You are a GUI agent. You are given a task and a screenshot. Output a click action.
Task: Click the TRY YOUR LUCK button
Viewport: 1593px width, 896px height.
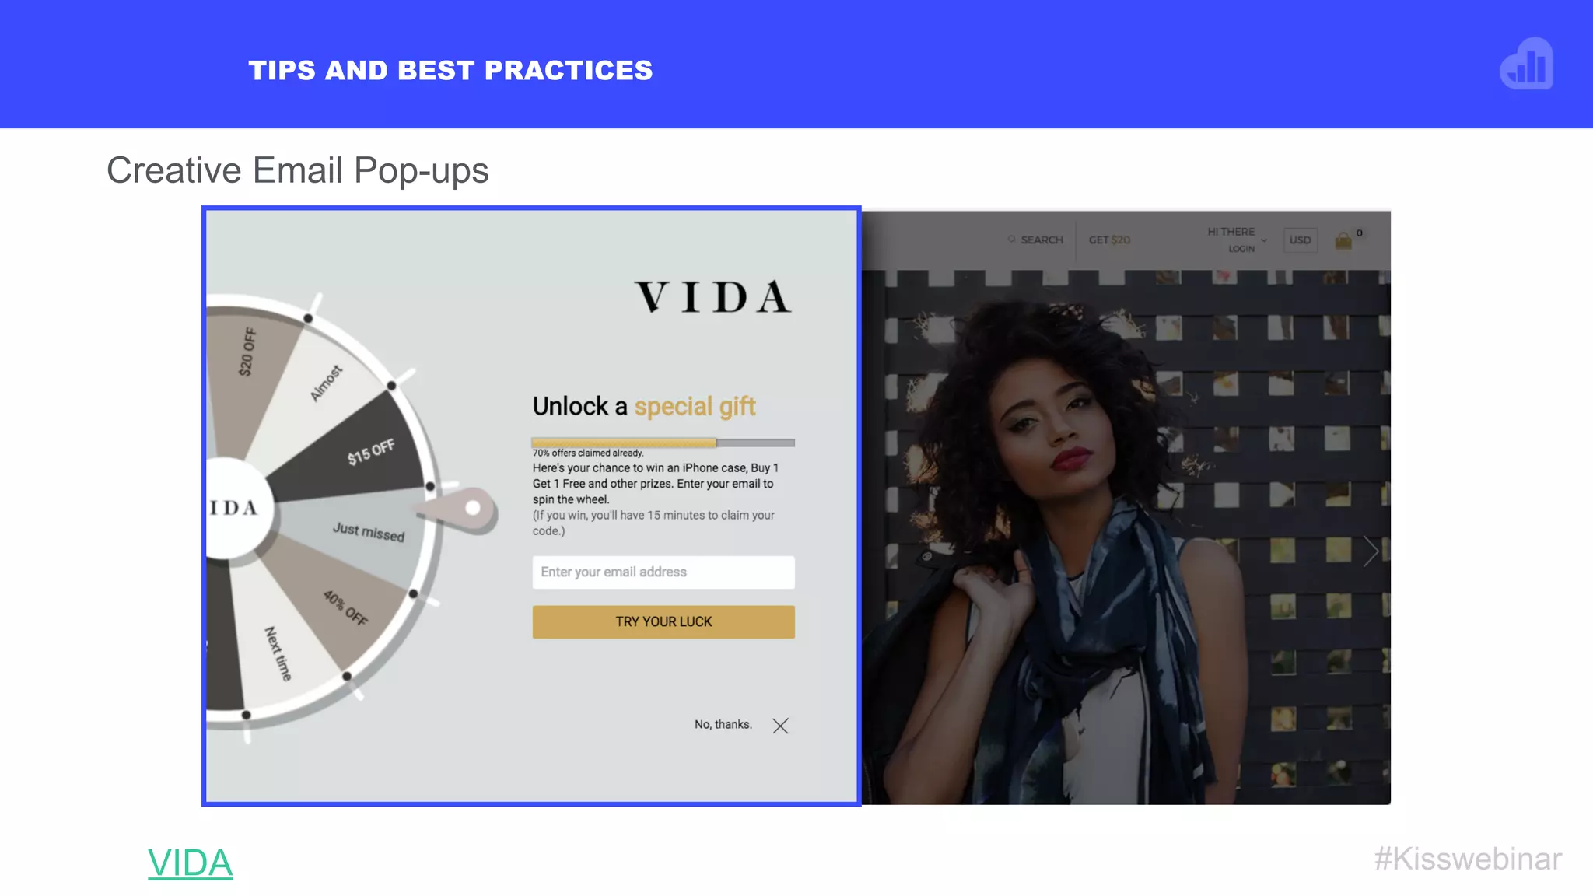pyautogui.click(x=663, y=621)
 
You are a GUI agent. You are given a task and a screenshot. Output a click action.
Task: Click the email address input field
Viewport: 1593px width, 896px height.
pyautogui.click(x=663, y=572)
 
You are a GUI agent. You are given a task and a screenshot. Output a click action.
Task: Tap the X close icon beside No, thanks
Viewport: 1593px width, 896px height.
pyautogui.click(x=780, y=726)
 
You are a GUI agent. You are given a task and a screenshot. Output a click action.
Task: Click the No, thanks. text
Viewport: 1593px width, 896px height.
pyautogui.click(x=723, y=724)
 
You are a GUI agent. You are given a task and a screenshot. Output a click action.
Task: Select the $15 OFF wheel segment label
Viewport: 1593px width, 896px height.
pyautogui.click(x=371, y=452)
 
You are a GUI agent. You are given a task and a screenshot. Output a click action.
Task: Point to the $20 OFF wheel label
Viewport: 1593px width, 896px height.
pyautogui.click(x=247, y=352)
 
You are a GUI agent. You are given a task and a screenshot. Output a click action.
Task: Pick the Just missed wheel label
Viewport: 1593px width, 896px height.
pyautogui.click(x=369, y=532)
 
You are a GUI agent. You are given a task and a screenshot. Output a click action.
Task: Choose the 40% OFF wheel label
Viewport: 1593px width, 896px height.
pyautogui.click(x=345, y=608)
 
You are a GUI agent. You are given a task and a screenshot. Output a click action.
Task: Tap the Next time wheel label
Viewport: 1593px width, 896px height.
pyautogui.click(x=278, y=653)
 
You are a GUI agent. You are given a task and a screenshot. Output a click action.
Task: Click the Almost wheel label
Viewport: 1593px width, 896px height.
pyautogui.click(x=326, y=383)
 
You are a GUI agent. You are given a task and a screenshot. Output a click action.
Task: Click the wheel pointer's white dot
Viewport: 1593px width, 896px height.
pyautogui.click(x=473, y=508)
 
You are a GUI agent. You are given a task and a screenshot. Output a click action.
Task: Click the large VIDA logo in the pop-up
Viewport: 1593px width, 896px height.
pyautogui.click(x=713, y=297)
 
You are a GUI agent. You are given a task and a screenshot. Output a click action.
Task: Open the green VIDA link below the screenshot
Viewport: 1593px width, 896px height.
pyautogui.click(x=190, y=863)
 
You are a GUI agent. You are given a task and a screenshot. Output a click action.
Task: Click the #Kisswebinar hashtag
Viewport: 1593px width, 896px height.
pyautogui.click(x=1468, y=859)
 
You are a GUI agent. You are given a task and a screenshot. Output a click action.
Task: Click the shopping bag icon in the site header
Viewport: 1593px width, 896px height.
pyautogui.click(x=1343, y=241)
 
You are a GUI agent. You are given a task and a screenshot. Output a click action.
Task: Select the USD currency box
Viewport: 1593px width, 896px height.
pyautogui.click(x=1300, y=240)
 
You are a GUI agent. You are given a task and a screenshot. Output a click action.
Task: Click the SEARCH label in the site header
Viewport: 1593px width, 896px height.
pyautogui.click(x=1041, y=240)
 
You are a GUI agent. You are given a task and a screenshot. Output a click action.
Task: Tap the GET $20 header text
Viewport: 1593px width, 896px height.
pyautogui.click(x=1109, y=240)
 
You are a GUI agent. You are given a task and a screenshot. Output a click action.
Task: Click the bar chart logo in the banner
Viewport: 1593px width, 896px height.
pyautogui.click(x=1526, y=65)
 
